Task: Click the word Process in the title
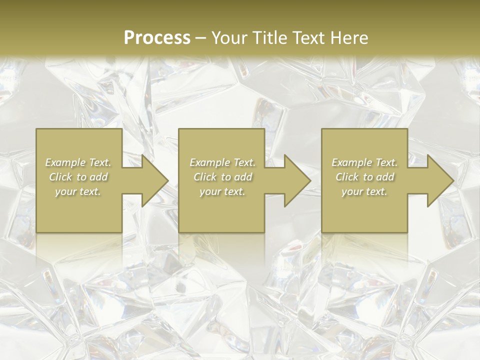157,38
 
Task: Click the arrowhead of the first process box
152,180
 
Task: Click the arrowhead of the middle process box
294,180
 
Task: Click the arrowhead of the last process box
437,180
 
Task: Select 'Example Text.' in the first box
78,162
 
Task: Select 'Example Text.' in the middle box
222,162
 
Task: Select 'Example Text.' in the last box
364,162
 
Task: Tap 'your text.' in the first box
78,191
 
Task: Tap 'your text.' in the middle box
222,191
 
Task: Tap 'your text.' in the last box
364,191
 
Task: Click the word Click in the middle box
205,177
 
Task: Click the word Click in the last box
347,177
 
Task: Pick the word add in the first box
99,177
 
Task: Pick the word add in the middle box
243,177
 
